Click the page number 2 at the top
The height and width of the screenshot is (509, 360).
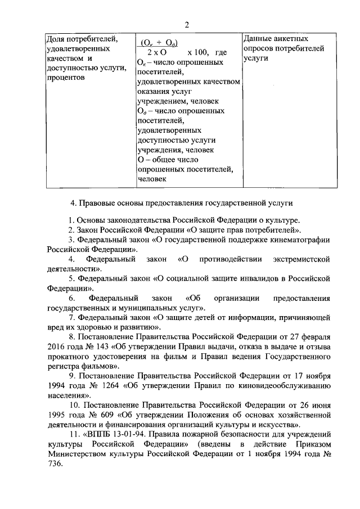(186, 24)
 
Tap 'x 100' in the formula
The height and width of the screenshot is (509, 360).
(199, 52)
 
